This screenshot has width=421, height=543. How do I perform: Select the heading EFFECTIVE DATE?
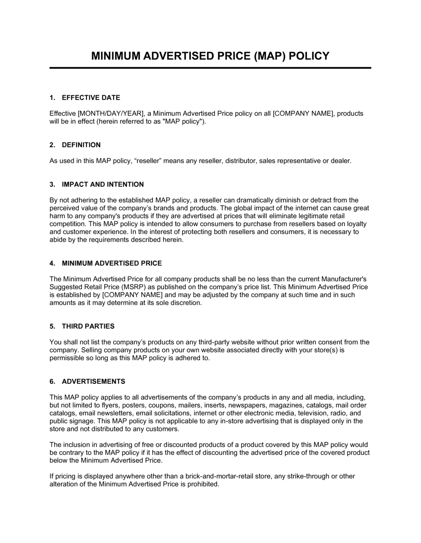(x=91, y=98)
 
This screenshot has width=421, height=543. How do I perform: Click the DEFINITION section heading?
(x=81, y=145)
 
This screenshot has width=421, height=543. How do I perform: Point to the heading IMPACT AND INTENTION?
(x=103, y=184)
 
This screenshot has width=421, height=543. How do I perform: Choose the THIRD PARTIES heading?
(x=88, y=326)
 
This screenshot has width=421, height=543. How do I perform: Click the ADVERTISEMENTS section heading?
(x=93, y=382)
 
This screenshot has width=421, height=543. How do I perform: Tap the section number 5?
(x=52, y=326)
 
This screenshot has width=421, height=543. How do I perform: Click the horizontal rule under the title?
(x=210, y=68)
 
